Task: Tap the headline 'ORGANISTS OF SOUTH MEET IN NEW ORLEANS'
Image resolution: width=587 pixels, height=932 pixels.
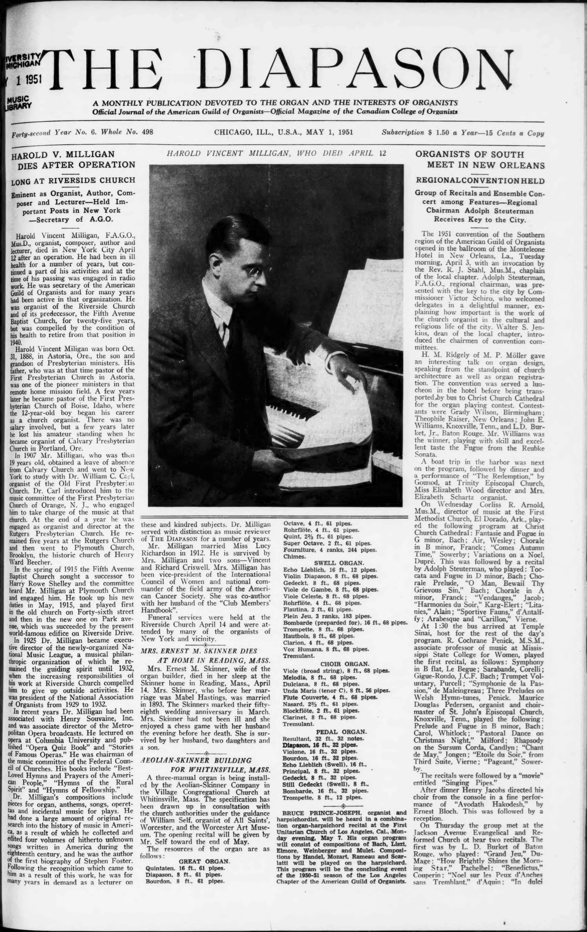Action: click(480, 160)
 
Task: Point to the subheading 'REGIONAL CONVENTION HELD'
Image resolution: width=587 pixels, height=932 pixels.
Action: click(480, 181)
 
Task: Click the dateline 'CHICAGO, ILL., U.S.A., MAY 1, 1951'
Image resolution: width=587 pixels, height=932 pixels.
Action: click(284, 132)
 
